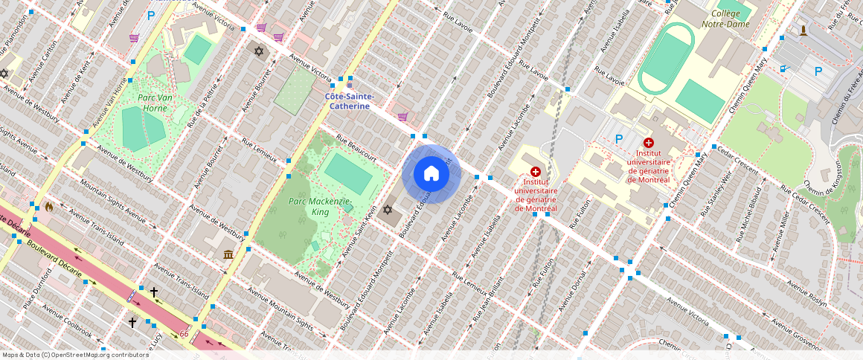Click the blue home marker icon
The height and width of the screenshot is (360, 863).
point(431,174)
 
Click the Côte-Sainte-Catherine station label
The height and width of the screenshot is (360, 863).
point(349,101)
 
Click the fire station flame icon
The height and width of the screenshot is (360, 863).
point(49,206)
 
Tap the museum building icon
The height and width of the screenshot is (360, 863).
point(228,254)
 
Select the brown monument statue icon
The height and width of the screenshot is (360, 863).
point(803,30)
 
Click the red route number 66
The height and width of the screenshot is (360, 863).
point(184,334)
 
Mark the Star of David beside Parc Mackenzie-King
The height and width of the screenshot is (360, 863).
point(387,210)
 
